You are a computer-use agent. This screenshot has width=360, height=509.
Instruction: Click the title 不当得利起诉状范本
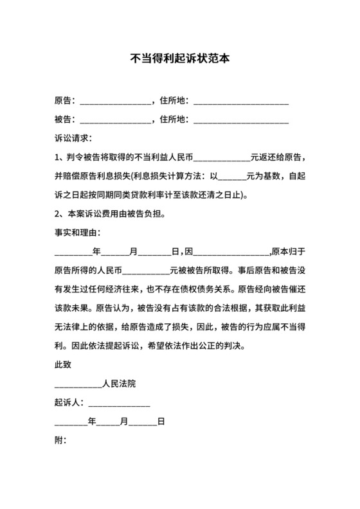pyautogui.click(x=180, y=58)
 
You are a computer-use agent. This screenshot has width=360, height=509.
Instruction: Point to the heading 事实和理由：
pyautogui.click(x=77, y=231)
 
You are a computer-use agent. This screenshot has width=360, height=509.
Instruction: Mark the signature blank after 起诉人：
pyautogui.click(x=119, y=405)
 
